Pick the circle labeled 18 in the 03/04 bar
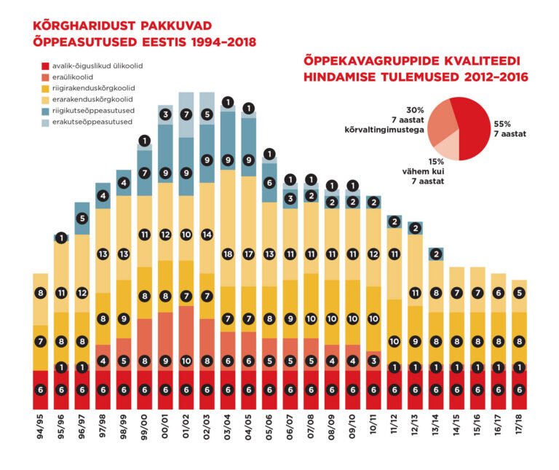click(x=228, y=254)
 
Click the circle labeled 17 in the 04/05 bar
click(x=249, y=254)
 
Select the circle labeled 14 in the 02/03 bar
click(x=207, y=235)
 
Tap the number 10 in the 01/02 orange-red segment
click(x=186, y=360)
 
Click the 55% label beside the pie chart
click(x=502, y=124)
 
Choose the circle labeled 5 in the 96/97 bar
click(x=82, y=217)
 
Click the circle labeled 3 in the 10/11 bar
click(x=373, y=360)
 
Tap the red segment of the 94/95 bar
click(x=41, y=390)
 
